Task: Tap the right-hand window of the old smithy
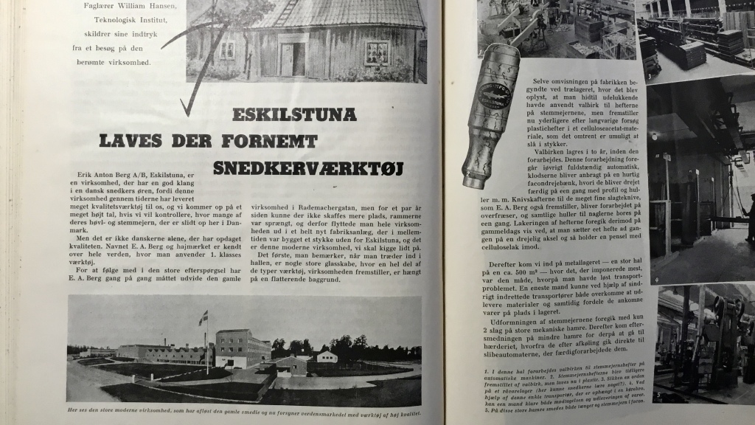click(377, 53)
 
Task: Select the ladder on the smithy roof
click(285, 10)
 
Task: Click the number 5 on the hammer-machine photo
click(658, 397)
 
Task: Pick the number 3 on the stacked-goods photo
click(648, 75)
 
